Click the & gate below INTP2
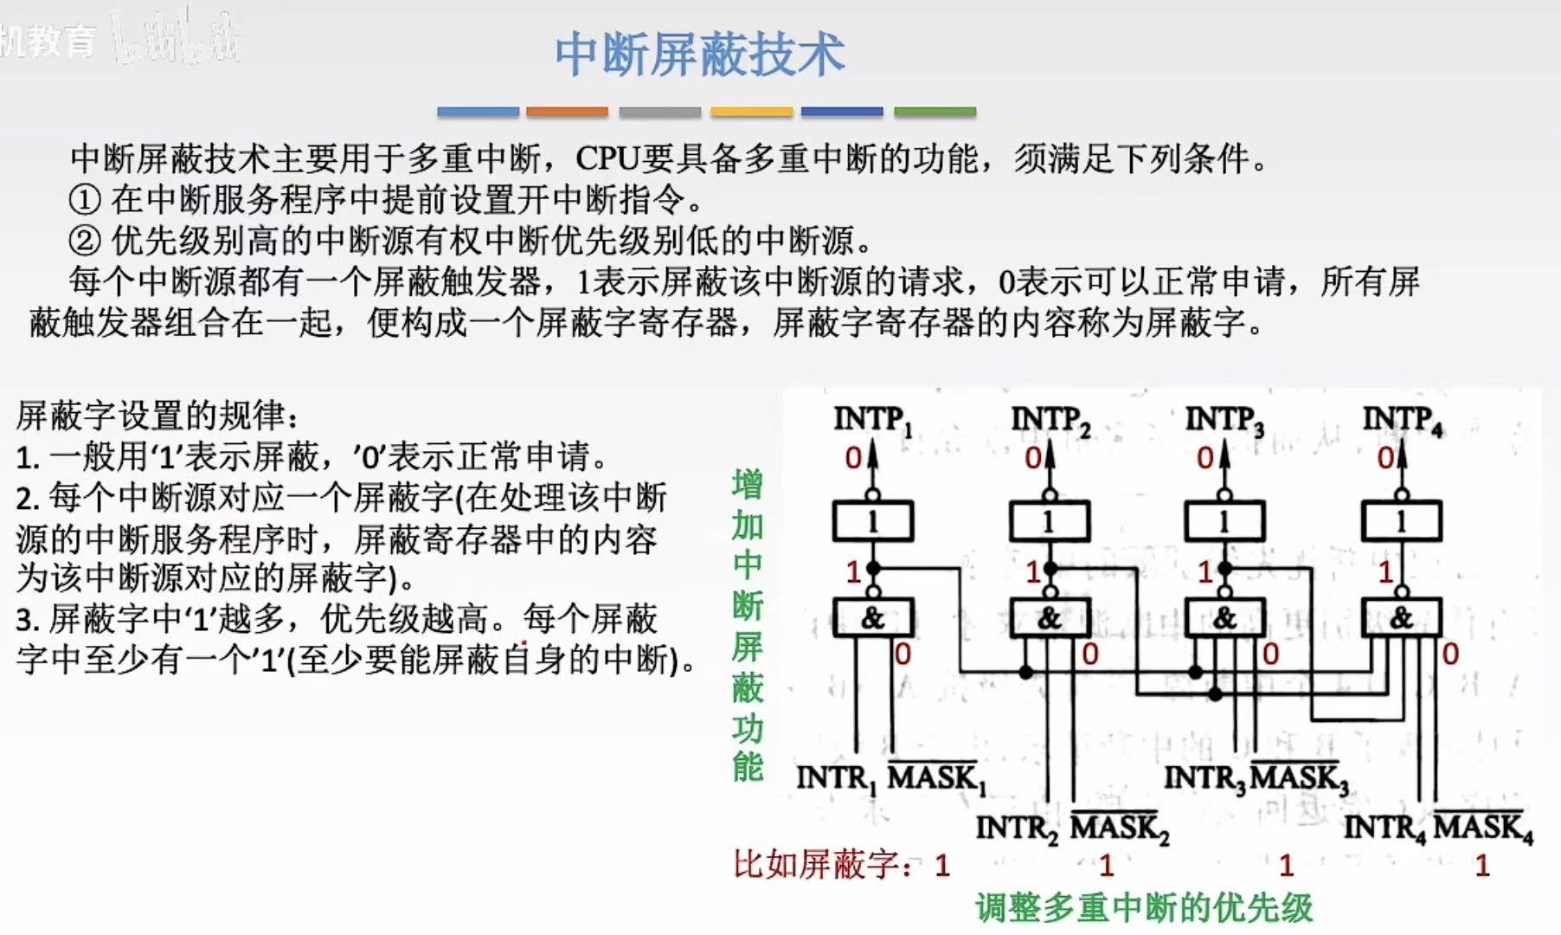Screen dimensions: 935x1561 1049,618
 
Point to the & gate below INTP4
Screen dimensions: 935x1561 1401,618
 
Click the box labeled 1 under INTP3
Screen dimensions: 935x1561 1224,522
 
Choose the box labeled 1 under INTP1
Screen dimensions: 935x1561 872,522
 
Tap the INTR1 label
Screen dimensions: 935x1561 837,778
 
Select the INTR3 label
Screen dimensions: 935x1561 1204,778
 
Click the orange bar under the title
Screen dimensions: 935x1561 567,112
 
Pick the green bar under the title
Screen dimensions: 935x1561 935,112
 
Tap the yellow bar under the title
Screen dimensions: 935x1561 751,112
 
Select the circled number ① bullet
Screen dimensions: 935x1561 85,200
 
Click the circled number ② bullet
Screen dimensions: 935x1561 85,241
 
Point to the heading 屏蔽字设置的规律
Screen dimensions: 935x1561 156,416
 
